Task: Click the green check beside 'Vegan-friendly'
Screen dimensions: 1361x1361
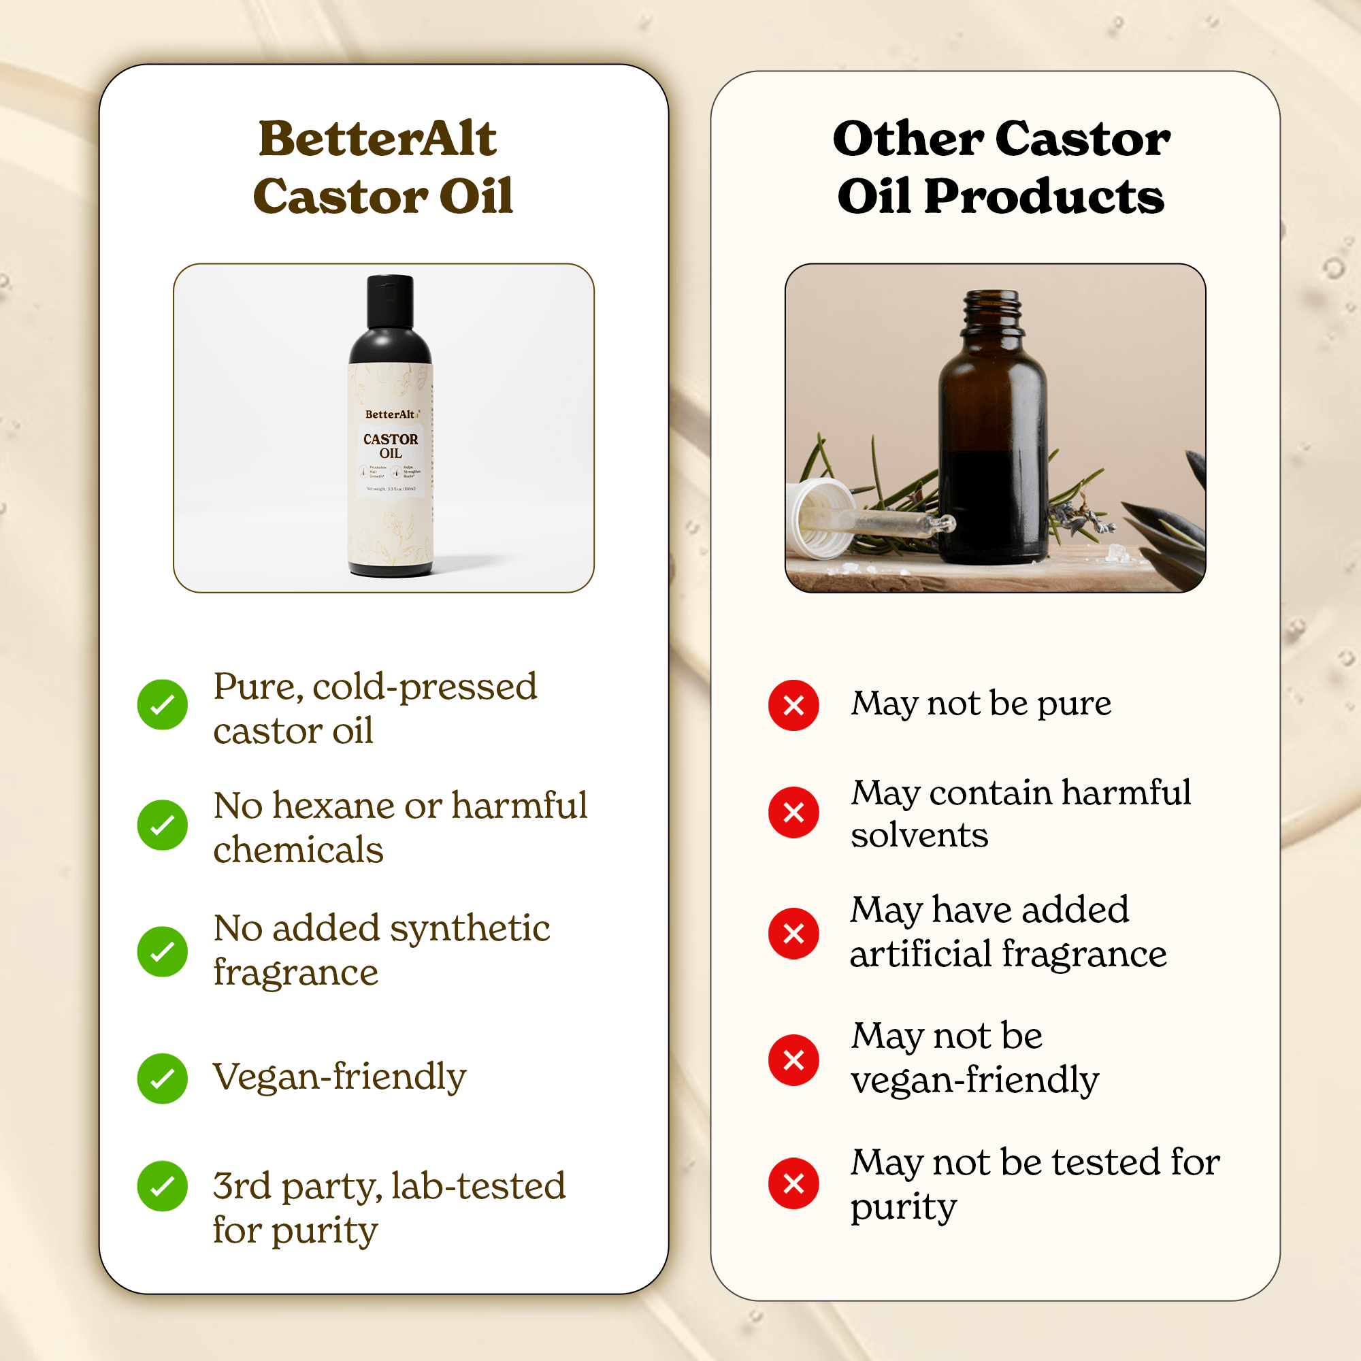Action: pyautogui.click(x=162, y=1078)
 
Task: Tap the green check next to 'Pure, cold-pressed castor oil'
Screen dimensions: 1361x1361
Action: pyautogui.click(x=162, y=704)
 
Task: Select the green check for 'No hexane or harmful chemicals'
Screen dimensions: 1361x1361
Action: pyautogui.click(x=162, y=824)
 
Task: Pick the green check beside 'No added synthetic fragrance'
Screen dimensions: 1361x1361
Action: pyautogui.click(x=162, y=951)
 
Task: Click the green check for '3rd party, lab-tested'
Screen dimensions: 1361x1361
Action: pyautogui.click(x=162, y=1186)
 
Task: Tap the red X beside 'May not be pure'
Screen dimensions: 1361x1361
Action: pyautogui.click(x=793, y=704)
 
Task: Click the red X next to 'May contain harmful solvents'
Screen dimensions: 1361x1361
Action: pyautogui.click(x=793, y=813)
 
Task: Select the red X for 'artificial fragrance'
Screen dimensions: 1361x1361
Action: pyautogui.click(x=793, y=934)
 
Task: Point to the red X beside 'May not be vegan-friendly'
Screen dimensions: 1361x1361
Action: pyautogui.click(x=793, y=1060)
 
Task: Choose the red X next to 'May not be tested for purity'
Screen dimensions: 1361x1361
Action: pyautogui.click(x=793, y=1183)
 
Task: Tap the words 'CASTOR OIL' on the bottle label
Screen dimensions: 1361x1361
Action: pyautogui.click(x=390, y=446)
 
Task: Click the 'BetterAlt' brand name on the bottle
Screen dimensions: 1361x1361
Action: pyautogui.click(x=389, y=414)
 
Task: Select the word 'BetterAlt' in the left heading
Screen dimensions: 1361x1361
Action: pyautogui.click(x=378, y=139)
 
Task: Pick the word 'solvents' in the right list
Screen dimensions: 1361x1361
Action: pyautogui.click(x=919, y=836)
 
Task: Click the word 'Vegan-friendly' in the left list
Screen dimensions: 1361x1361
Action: pyautogui.click(x=340, y=1077)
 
